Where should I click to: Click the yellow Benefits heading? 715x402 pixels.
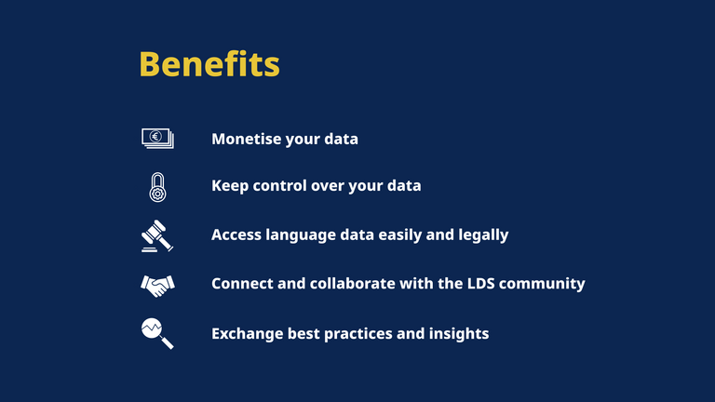[209, 64]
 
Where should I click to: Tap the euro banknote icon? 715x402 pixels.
[157, 138]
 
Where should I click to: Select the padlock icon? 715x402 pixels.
[157, 187]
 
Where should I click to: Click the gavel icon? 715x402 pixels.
[157, 236]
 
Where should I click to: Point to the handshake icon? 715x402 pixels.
[157, 286]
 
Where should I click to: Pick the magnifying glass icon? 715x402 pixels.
[157, 334]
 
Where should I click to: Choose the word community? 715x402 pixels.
[542, 285]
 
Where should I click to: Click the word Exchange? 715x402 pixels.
[247, 334]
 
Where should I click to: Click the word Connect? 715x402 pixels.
[243, 284]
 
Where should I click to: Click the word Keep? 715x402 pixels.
[230, 186]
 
